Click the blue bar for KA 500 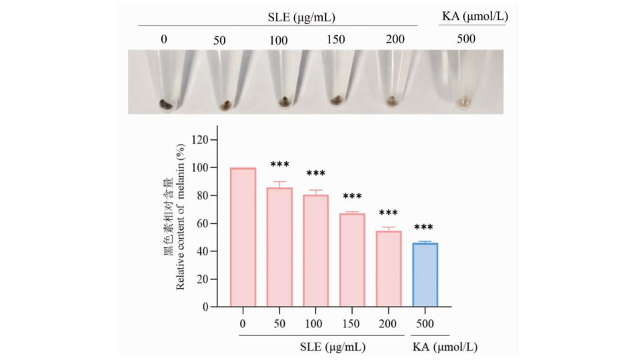click(x=425, y=275)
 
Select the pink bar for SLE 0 click(x=243, y=237)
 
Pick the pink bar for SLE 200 click(x=389, y=269)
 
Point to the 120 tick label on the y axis click(x=199, y=140)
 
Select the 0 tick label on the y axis click(x=205, y=307)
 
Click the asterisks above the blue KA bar click(x=423, y=228)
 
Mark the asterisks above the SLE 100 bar click(x=315, y=175)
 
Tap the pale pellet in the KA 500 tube click(x=464, y=103)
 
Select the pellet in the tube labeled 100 click(x=285, y=102)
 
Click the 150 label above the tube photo click(x=336, y=39)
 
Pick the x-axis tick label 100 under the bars click(x=315, y=324)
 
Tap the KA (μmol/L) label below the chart click(x=445, y=347)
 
